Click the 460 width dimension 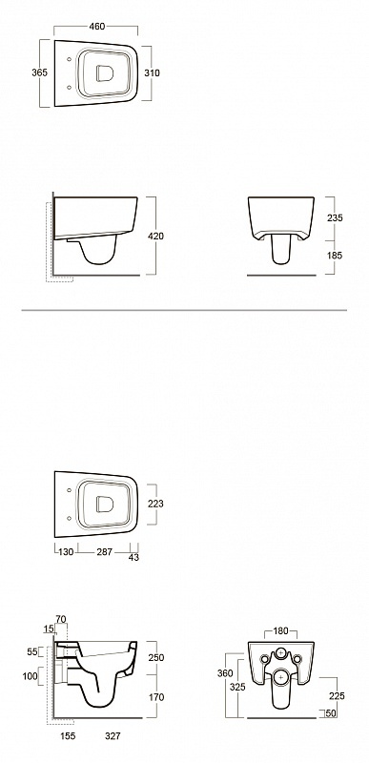97,27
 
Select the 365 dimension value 39,73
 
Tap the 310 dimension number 153,73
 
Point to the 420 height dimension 156,237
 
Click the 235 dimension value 335,218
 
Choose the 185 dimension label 335,255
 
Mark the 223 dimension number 155,505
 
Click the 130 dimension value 66,552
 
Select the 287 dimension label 105,552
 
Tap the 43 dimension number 133,558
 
